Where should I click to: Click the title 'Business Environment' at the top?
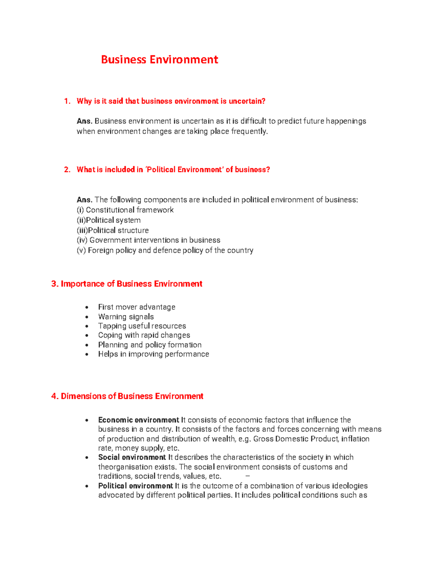(x=159, y=60)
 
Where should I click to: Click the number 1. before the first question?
(x=67, y=101)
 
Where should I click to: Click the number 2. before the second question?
(x=67, y=170)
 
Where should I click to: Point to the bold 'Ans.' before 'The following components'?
(x=84, y=200)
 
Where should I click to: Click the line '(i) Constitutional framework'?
(x=125, y=210)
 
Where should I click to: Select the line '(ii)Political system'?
(x=109, y=220)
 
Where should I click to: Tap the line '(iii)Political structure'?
(x=113, y=230)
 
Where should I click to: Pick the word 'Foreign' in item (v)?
(x=101, y=250)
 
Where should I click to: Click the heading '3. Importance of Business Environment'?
(x=127, y=284)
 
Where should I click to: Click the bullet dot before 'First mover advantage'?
(x=87, y=308)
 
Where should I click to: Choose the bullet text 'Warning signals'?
(x=126, y=317)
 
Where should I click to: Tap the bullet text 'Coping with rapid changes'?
(x=144, y=335)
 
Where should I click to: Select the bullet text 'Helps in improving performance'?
(x=153, y=354)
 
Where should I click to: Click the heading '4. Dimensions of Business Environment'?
(x=127, y=396)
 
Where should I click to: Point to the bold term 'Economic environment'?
(x=138, y=420)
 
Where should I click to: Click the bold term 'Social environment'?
(x=132, y=457)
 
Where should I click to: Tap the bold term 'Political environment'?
(x=135, y=486)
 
